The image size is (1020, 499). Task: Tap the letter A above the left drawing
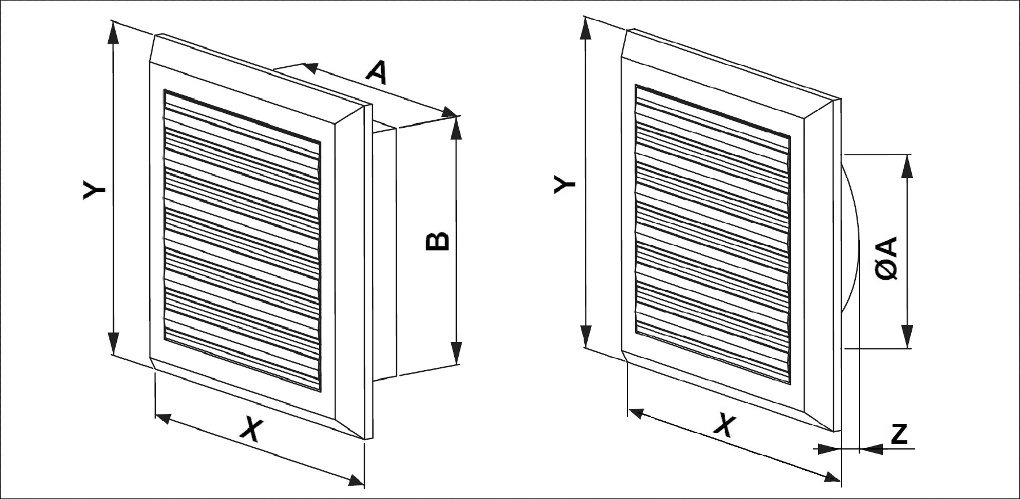[x=377, y=73]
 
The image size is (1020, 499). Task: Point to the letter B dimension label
[x=437, y=241]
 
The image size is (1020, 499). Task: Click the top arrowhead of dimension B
[x=456, y=128]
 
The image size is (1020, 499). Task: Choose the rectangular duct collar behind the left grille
[x=385, y=253]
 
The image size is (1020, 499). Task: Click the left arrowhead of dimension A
[x=311, y=68]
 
